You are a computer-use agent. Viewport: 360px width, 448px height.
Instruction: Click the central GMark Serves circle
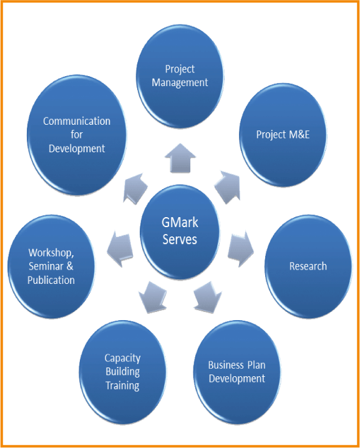[x=180, y=231]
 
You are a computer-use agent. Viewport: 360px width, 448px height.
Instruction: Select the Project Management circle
[x=180, y=76]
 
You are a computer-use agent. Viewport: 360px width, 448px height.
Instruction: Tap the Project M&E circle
[x=283, y=135]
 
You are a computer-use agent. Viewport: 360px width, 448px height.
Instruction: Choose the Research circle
[x=308, y=266]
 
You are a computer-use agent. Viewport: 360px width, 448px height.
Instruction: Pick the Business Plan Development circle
[x=237, y=372]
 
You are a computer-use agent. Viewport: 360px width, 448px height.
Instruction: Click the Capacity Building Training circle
[x=122, y=372]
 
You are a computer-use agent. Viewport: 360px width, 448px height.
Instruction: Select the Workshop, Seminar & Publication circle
[x=51, y=266]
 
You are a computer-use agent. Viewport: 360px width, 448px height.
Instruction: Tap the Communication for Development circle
[x=77, y=135]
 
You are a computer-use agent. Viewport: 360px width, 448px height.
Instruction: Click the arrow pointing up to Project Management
[x=180, y=158]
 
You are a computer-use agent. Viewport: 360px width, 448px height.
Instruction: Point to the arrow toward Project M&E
[x=228, y=187]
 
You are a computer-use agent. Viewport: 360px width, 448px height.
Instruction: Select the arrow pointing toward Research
[x=241, y=249]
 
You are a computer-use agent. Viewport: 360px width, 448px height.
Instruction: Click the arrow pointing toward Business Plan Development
[x=207, y=297]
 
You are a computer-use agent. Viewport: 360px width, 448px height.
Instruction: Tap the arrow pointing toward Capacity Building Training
[x=153, y=297]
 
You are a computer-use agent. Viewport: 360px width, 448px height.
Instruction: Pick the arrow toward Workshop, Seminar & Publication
[x=120, y=249]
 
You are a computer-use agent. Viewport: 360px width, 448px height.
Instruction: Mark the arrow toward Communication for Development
[x=135, y=188]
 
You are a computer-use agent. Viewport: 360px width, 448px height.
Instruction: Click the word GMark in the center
[x=180, y=223]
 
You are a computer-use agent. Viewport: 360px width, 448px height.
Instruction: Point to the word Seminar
[x=46, y=266]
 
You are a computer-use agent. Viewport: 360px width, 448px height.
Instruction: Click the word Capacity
[x=122, y=358]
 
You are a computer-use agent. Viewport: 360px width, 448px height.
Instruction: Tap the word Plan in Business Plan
[x=256, y=365]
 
